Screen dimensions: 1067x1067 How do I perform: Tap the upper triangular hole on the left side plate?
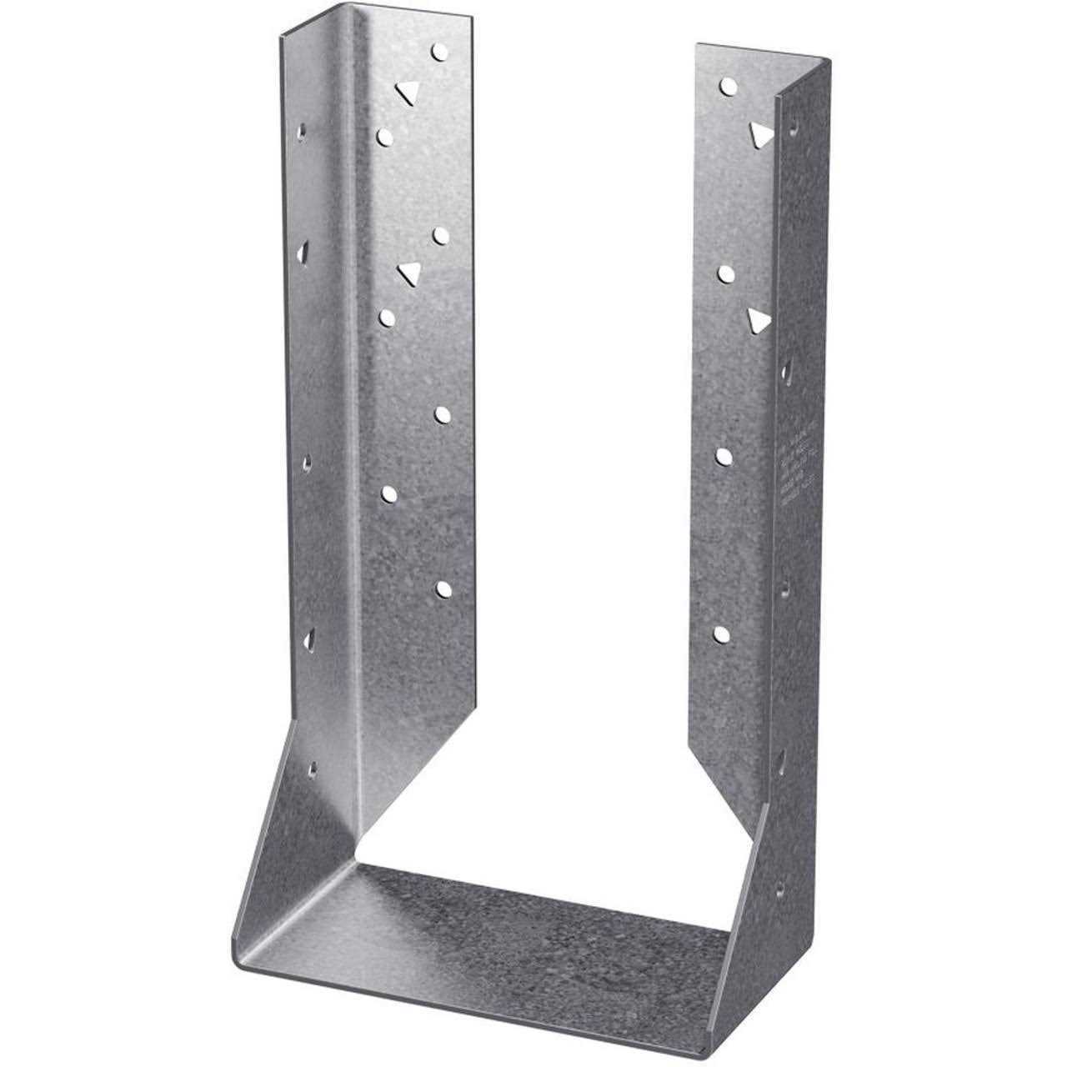406,93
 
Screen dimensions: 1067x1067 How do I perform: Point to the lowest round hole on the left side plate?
443,589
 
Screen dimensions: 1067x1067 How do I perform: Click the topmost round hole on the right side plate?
728,86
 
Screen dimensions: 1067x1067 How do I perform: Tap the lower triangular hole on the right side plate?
758,320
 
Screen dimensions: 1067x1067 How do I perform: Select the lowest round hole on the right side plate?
723,634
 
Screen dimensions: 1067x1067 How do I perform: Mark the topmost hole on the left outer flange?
302,131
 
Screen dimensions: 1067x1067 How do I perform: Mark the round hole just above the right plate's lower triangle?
726,273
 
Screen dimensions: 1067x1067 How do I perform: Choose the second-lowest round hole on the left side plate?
389,494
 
